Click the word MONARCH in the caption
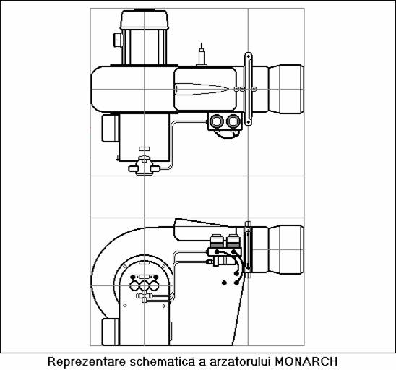click(306, 361)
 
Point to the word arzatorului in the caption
click(240, 361)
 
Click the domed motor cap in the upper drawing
click(144, 20)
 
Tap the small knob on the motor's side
click(118, 40)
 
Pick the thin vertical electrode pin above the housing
click(202, 54)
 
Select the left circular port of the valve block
click(217, 121)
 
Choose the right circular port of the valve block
click(233, 121)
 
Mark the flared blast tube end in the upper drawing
click(286, 89)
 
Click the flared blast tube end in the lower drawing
click(286, 249)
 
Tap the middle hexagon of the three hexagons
click(144, 285)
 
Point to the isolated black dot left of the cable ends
click(224, 283)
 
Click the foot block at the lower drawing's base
click(111, 332)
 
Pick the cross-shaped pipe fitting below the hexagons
click(144, 296)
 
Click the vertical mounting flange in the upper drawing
click(249, 89)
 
